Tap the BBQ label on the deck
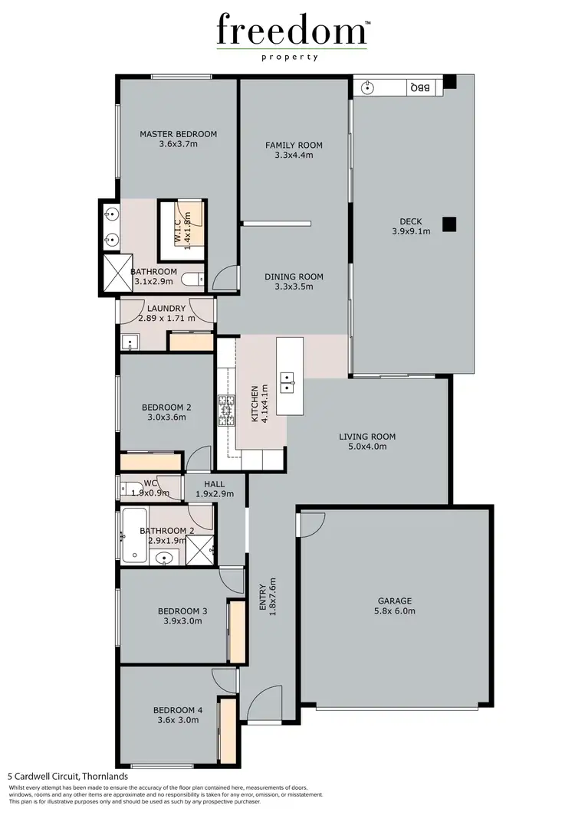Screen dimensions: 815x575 (x=420, y=88)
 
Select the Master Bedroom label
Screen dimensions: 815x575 (x=178, y=134)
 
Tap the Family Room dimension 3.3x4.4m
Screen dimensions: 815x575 (x=294, y=155)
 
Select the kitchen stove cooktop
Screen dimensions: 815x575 (x=227, y=410)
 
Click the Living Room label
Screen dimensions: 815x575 (x=367, y=437)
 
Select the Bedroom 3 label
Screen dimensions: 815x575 (x=182, y=610)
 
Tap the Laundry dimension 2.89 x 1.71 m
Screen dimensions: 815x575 (x=166, y=318)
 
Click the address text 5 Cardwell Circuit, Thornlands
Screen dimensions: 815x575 (x=68, y=776)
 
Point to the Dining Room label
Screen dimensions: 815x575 (x=294, y=277)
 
